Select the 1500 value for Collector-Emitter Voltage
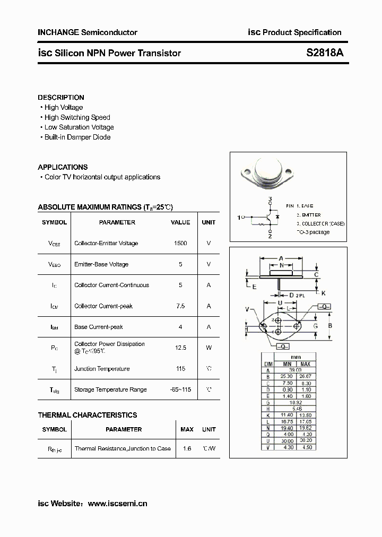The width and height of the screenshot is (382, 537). coord(180,243)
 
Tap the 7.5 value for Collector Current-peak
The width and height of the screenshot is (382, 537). coord(180,306)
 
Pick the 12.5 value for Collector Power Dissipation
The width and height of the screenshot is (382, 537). coord(180,348)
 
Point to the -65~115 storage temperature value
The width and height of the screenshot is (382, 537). coord(180,389)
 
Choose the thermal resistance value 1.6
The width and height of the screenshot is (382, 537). coord(186,448)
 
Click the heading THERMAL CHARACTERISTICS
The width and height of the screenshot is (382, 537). coord(88,415)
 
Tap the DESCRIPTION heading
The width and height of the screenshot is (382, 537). coord(61,98)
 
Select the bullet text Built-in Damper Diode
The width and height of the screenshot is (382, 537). coord(77,137)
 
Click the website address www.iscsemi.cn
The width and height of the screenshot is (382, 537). coord(117,504)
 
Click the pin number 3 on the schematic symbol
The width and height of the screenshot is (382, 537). coord(270,200)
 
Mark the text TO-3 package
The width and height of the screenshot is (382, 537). coord(313,232)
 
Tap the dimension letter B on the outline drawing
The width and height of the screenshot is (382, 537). coord(330,325)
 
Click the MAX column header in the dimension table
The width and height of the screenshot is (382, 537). coord(306,364)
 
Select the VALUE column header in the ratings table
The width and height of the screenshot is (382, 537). coord(180,222)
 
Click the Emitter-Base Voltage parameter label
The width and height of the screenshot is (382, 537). coord(101,264)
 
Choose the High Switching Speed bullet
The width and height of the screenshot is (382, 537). coord(77,117)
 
